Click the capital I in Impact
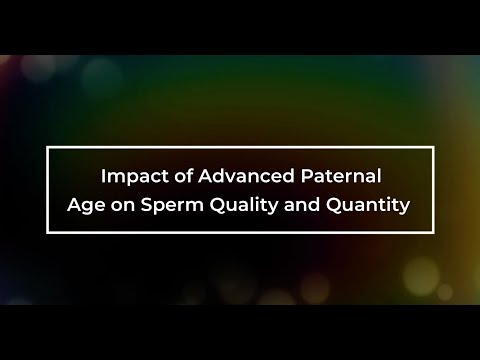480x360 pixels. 103,177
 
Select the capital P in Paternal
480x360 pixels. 303,177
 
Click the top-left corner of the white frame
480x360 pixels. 48,147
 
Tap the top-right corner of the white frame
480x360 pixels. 433,147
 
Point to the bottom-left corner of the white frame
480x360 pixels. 48,232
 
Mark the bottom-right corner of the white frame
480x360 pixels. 433,232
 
